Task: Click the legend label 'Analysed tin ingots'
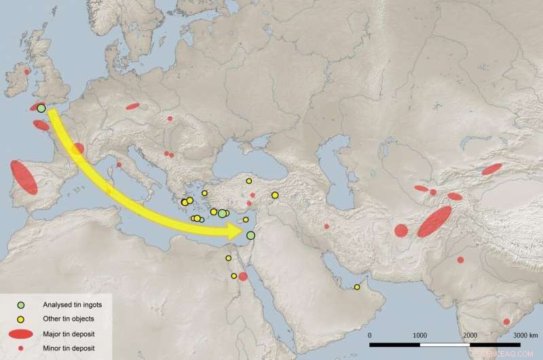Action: point(72,304)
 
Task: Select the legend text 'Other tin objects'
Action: point(68,319)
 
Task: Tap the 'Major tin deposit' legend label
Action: point(69,334)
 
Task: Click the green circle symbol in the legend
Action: point(22,304)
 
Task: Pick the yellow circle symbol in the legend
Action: point(22,319)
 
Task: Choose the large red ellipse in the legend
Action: point(22,334)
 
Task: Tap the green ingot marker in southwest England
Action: point(41,108)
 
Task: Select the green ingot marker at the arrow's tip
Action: point(250,236)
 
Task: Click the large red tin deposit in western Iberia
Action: point(24,177)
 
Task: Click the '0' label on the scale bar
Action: point(370,336)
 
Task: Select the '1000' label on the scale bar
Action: point(420,336)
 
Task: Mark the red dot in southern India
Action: point(506,322)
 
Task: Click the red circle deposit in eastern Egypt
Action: point(243,276)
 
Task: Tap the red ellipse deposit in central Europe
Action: point(132,107)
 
